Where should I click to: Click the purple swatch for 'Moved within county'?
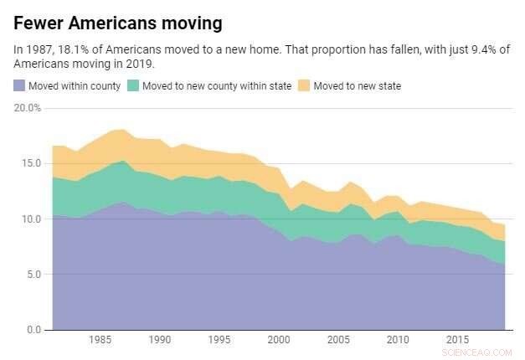(x=19, y=85)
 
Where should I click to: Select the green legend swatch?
(x=134, y=85)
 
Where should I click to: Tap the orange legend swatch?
(x=305, y=85)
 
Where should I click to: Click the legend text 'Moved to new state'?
(x=357, y=85)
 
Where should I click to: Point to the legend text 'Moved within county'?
(x=75, y=85)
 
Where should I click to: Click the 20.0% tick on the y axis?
(x=27, y=108)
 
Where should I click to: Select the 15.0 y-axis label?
(x=30, y=163)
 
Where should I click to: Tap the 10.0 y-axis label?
(x=30, y=219)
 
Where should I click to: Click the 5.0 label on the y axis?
(x=33, y=274)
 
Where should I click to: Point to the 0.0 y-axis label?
(x=33, y=329)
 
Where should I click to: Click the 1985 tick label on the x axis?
(x=100, y=341)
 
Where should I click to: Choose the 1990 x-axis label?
(x=160, y=341)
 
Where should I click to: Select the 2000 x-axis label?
(x=279, y=341)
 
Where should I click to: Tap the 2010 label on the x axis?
(x=398, y=341)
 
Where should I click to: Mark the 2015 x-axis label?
(x=457, y=341)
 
